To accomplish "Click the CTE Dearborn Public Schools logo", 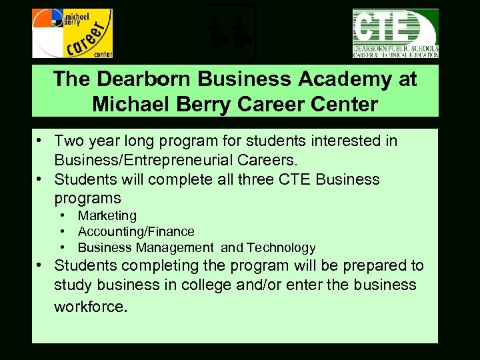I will point(395,33).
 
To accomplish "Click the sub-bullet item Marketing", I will point(107,215).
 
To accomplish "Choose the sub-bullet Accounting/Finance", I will point(136,231).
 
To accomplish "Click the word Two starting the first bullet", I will point(68,141).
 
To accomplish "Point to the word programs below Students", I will point(87,198).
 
